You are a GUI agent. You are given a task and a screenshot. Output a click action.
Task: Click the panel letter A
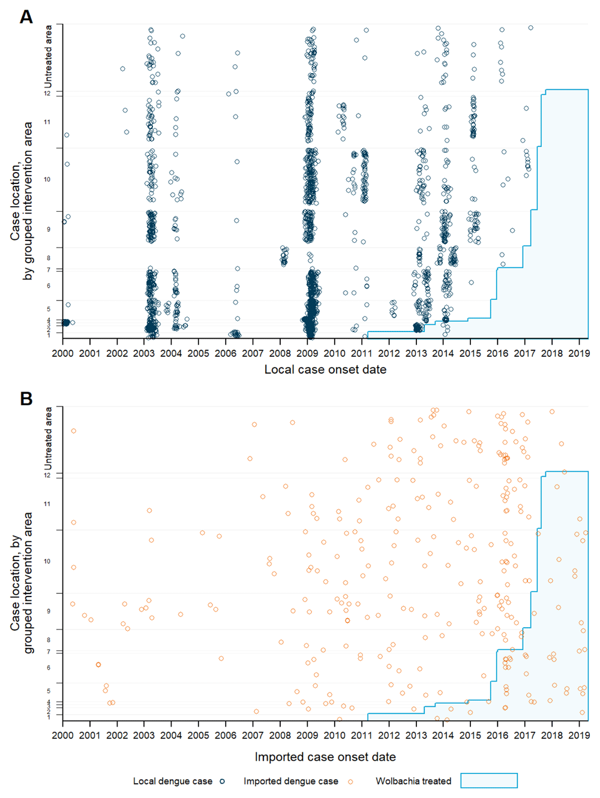tap(26, 17)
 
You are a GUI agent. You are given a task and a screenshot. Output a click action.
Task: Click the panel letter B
tap(26, 399)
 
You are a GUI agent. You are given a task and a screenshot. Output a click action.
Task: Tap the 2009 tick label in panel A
tap(307, 353)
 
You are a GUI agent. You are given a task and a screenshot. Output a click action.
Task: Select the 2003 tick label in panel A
tap(144, 353)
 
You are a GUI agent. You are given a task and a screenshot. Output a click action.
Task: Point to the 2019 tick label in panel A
tap(578, 353)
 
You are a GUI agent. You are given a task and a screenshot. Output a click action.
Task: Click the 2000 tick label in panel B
tap(63, 735)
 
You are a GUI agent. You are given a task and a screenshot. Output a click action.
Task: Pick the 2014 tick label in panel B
tap(443, 735)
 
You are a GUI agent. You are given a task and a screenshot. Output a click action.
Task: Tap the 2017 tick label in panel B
tap(524, 735)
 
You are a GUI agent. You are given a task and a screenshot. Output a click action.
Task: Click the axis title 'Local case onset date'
tap(325, 369)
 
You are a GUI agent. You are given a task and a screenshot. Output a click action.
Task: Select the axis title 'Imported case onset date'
tap(325, 757)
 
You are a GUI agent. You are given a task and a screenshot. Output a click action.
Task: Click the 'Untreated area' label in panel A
tap(49, 56)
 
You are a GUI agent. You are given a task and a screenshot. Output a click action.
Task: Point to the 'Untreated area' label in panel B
tap(49, 439)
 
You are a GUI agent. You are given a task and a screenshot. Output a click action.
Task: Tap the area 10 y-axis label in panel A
tap(47, 179)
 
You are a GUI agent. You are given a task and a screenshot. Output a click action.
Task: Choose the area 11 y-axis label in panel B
tap(47, 504)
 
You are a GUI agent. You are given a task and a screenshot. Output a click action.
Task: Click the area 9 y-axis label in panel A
tap(47, 229)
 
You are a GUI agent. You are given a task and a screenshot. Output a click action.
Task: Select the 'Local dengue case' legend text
tap(173, 781)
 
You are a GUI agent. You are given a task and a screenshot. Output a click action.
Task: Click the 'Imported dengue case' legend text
tap(290, 781)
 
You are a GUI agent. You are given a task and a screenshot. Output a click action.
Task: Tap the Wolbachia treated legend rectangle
tap(488, 781)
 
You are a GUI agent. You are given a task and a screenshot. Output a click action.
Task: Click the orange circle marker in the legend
tap(351, 782)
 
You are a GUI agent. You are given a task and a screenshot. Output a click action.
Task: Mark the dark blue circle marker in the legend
tap(222, 782)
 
